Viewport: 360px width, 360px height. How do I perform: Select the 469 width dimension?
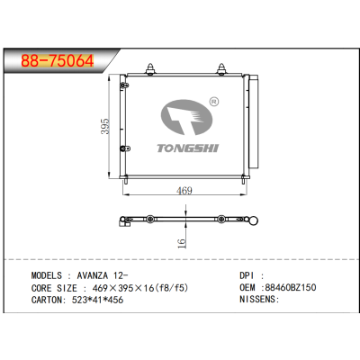coord(183,190)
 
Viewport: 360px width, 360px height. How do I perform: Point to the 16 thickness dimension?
coord(181,242)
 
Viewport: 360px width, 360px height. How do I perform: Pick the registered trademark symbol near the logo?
coord(213,102)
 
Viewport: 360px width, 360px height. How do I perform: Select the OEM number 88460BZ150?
coord(292,288)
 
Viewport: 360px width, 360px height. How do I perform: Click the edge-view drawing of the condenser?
coord(184,219)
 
